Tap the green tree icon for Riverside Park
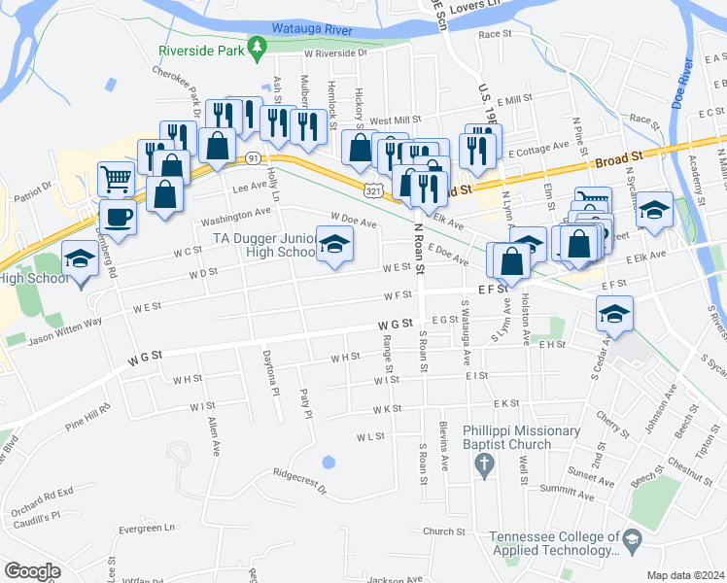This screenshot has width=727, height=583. coord(257,46)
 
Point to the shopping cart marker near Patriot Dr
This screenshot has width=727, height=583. coord(116,180)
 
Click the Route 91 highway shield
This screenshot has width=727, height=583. coord(253,157)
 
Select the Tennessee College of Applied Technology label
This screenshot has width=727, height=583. coord(554,543)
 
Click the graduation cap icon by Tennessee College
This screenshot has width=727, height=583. coord(632,539)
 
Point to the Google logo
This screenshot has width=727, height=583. coord(33,570)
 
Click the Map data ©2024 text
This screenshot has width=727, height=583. coord(685,574)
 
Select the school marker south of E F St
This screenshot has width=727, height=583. coord(614,314)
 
